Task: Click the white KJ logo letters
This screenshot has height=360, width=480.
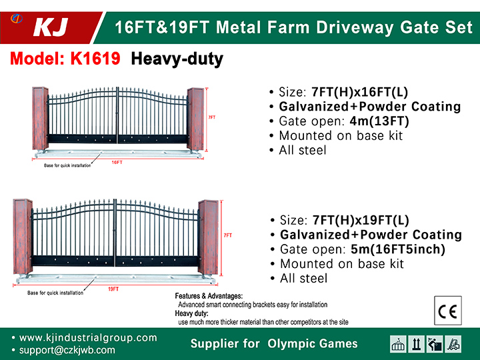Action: tap(51, 27)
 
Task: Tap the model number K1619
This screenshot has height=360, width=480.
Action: tap(95, 58)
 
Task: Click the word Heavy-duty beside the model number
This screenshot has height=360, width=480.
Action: tap(177, 59)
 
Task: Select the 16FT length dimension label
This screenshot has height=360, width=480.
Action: tap(117, 162)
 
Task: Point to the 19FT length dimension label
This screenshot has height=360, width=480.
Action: tap(113, 289)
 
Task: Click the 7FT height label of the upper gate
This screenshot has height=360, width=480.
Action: tap(212, 117)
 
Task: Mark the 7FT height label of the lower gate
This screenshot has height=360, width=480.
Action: tap(228, 235)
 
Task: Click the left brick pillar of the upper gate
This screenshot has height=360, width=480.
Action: tap(41, 119)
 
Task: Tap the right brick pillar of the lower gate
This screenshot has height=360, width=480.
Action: tap(208, 237)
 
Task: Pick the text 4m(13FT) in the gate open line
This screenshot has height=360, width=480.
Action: tap(379, 121)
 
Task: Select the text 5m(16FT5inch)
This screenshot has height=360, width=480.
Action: tap(398, 249)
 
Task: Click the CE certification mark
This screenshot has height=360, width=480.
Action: tap(448, 311)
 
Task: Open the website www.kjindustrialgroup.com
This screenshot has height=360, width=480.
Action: tap(88, 337)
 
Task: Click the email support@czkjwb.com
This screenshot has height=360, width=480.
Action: tap(67, 350)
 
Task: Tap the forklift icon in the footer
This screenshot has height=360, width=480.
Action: tap(453, 344)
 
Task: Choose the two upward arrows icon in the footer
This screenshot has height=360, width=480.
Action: tap(416, 344)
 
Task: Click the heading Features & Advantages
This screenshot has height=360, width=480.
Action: tap(209, 296)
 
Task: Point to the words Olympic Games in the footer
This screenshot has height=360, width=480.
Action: tap(313, 344)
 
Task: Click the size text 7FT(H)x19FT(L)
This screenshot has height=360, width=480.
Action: tap(361, 220)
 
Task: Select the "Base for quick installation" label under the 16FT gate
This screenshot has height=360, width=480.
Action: tap(67, 165)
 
